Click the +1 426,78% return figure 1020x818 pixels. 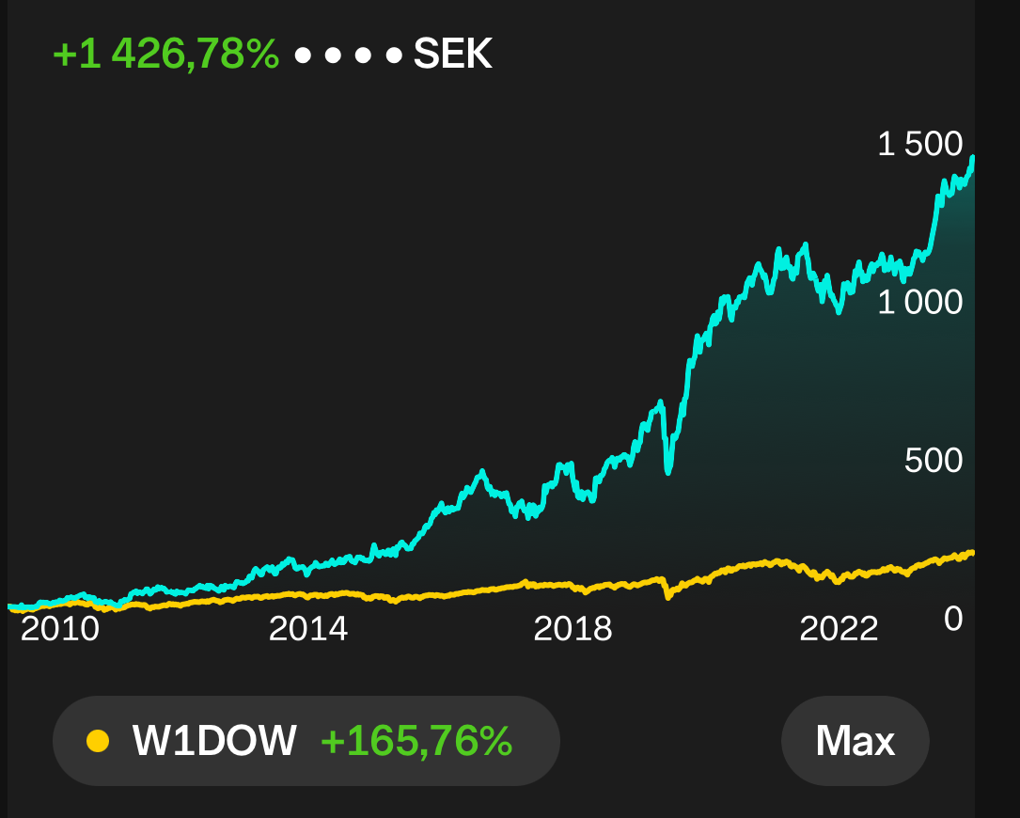click(x=165, y=54)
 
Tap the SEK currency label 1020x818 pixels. click(x=453, y=54)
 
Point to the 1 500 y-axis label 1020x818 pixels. click(x=919, y=144)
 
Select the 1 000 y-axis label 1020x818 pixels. click(x=919, y=303)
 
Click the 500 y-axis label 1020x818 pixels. click(x=934, y=461)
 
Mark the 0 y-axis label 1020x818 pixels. click(x=953, y=619)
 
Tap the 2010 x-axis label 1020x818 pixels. click(x=60, y=629)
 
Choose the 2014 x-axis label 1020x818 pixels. click(x=308, y=629)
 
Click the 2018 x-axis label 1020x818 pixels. click(x=573, y=629)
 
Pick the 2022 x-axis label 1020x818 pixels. click(x=839, y=629)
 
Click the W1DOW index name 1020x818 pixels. click(x=214, y=741)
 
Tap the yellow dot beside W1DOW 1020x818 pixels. click(x=98, y=741)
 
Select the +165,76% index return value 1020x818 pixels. click(x=417, y=741)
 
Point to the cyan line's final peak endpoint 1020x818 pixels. click(x=972, y=158)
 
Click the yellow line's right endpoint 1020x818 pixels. click(x=972, y=553)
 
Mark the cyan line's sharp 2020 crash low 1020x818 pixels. click(x=668, y=470)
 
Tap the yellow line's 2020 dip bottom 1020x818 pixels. click(x=668, y=596)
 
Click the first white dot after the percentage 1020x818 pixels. click(x=303, y=55)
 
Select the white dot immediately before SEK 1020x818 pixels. click(x=394, y=55)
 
